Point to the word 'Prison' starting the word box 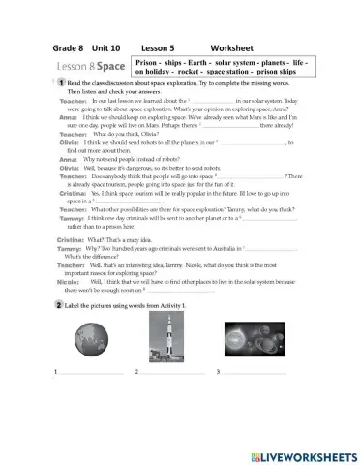[148, 61]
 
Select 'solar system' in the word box [242, 61]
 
